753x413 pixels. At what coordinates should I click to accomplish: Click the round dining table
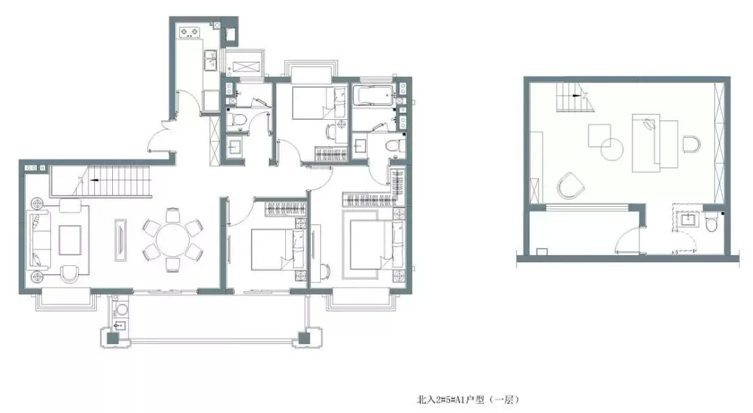[x=172, y=240]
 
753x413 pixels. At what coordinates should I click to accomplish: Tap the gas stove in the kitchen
[x=189, y=33]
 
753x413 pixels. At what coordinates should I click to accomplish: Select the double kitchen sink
[x=211, y=61]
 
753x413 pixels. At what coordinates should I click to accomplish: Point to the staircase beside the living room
[x=101, y=181]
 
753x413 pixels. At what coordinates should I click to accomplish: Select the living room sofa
[x=40, y=240]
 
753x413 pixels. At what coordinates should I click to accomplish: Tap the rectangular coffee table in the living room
[x=70, y=240]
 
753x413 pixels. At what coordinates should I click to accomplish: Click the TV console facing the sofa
[x=121, y=240]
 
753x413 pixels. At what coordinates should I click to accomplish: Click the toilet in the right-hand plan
[x=711, y=223]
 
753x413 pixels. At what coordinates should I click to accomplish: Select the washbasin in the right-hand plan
[x=688, y=220]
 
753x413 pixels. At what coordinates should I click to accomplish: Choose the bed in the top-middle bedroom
[x=319, y=102]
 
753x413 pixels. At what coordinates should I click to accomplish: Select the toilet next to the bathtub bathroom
[x=396, y=146]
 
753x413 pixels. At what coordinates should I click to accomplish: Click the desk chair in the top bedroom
[x=332, y=131]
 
